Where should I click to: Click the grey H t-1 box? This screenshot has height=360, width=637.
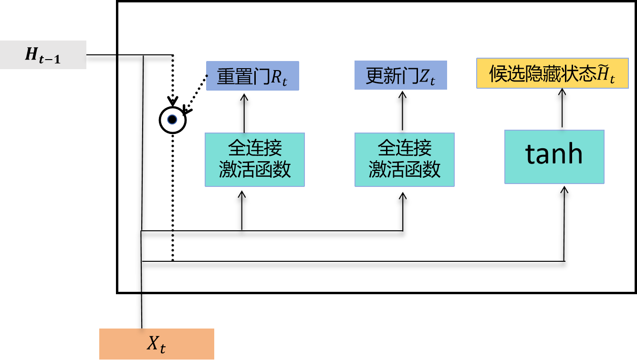coord(43,55)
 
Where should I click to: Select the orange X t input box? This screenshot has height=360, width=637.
coord(157,344)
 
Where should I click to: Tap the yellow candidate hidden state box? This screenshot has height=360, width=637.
coord(553,73)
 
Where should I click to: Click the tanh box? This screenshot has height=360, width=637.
coord(554,156)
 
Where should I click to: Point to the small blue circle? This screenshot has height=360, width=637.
coord(172,120)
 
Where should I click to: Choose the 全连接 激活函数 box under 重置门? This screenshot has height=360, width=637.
coord(254,159)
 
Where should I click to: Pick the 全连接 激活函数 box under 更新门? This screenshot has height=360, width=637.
coord(404,159)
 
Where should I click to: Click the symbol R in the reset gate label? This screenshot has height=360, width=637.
coord(276,76)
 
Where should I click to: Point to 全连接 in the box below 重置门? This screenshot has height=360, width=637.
coord(255,148)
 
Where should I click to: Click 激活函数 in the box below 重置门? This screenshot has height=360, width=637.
coord(255,169)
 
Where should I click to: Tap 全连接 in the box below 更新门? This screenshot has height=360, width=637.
coord(405,148)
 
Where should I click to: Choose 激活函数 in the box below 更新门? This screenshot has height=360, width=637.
coord(405,169)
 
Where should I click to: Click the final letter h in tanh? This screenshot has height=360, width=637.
coord(574,154)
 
